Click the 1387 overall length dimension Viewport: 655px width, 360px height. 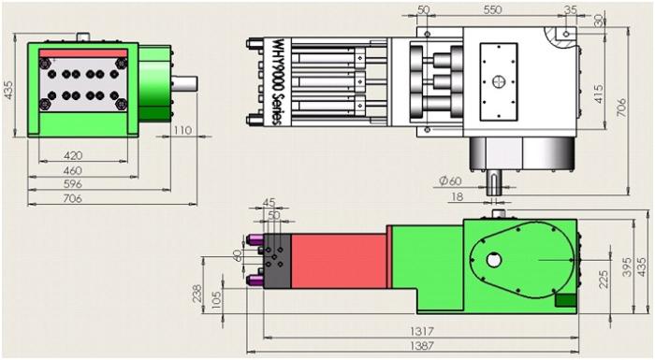422,345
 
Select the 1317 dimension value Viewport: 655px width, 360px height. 422,331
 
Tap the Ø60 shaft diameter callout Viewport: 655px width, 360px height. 450,180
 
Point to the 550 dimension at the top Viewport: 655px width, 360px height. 492,9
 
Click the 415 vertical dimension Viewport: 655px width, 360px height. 599,94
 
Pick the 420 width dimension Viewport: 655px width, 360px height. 73,155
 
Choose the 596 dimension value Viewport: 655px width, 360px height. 73,184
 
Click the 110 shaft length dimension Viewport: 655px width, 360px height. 182,130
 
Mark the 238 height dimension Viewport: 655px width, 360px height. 196,294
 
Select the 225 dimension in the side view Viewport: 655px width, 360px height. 604,279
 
